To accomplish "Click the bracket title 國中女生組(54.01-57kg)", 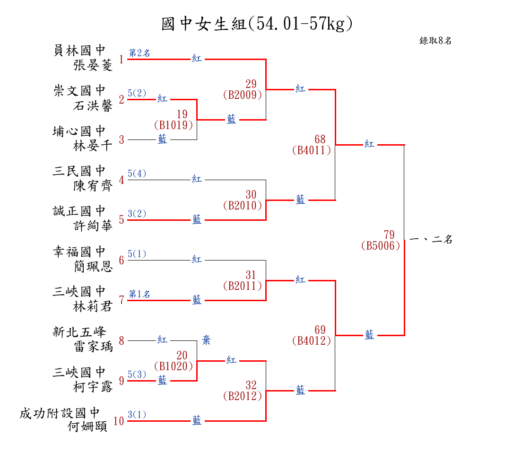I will tap(257, 24).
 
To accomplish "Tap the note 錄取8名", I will tap(435, 41).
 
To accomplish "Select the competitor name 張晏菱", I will tap(93, 65).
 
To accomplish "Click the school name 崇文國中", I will tap(79, 90).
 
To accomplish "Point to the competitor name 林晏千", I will tap(93, 146).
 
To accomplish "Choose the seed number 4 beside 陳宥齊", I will tap(122, 180).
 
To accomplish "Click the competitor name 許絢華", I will tap(93, 226).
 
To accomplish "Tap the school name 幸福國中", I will tap(79, 251).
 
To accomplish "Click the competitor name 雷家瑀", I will tap(93, 347).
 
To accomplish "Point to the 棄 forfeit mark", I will tap(207, 339).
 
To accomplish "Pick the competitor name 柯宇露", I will tap(93, 387).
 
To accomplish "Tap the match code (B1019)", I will tap(174, 125).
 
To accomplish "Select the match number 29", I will tap(251, 84).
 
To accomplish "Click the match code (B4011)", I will tap(312, 150).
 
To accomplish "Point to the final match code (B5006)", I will tap(381, 246).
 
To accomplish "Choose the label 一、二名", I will tap(431, 240).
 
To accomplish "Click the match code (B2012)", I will tap(243, 396).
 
